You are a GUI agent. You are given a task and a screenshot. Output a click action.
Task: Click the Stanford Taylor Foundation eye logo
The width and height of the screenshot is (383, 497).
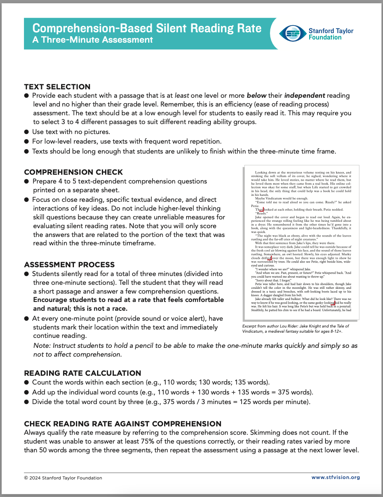pyautogui.click(x=293, y=34)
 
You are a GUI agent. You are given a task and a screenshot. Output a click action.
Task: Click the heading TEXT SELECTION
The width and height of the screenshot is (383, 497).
pyautogui.click(x=57, y=87)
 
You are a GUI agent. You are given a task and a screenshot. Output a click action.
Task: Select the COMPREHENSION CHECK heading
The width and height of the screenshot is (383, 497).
pyautogui.click(x=73, y=172)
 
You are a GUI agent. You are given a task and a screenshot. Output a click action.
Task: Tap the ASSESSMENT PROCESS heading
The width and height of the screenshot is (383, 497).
pyautogui.click(x=69, y=264)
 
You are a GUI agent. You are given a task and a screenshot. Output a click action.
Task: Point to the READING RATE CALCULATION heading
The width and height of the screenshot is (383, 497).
pyautogui.click(x=82, y=373)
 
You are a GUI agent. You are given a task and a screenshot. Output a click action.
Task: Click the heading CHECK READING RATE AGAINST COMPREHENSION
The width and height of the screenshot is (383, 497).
pyautogui.click(x=123, y=424)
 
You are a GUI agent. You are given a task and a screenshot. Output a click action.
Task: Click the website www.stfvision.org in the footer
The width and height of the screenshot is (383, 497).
pyautogui.click(x=335, y=477)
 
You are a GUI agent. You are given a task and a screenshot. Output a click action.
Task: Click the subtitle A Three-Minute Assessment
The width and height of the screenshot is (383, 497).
pyautogui.click(x=93, y=40)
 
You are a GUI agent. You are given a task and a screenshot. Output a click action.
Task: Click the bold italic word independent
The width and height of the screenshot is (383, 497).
pyautogui.click(x=304, y=95)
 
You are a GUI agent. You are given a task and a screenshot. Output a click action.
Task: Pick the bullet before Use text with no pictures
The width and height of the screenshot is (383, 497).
pyautogui.click(x=26, y=132)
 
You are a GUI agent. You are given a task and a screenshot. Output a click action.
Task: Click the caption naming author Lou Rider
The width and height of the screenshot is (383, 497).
pyautogui.click(x=295, y=326)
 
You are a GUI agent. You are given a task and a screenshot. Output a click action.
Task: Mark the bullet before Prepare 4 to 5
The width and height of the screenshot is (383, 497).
pyautogui.click(x=26, y=181)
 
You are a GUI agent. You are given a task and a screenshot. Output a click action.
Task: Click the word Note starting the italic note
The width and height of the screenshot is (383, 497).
pyautogui.click(x=42, y=345)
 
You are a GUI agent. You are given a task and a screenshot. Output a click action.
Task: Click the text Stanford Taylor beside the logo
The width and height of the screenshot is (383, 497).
pyautogui.click(x=331, y=31)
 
